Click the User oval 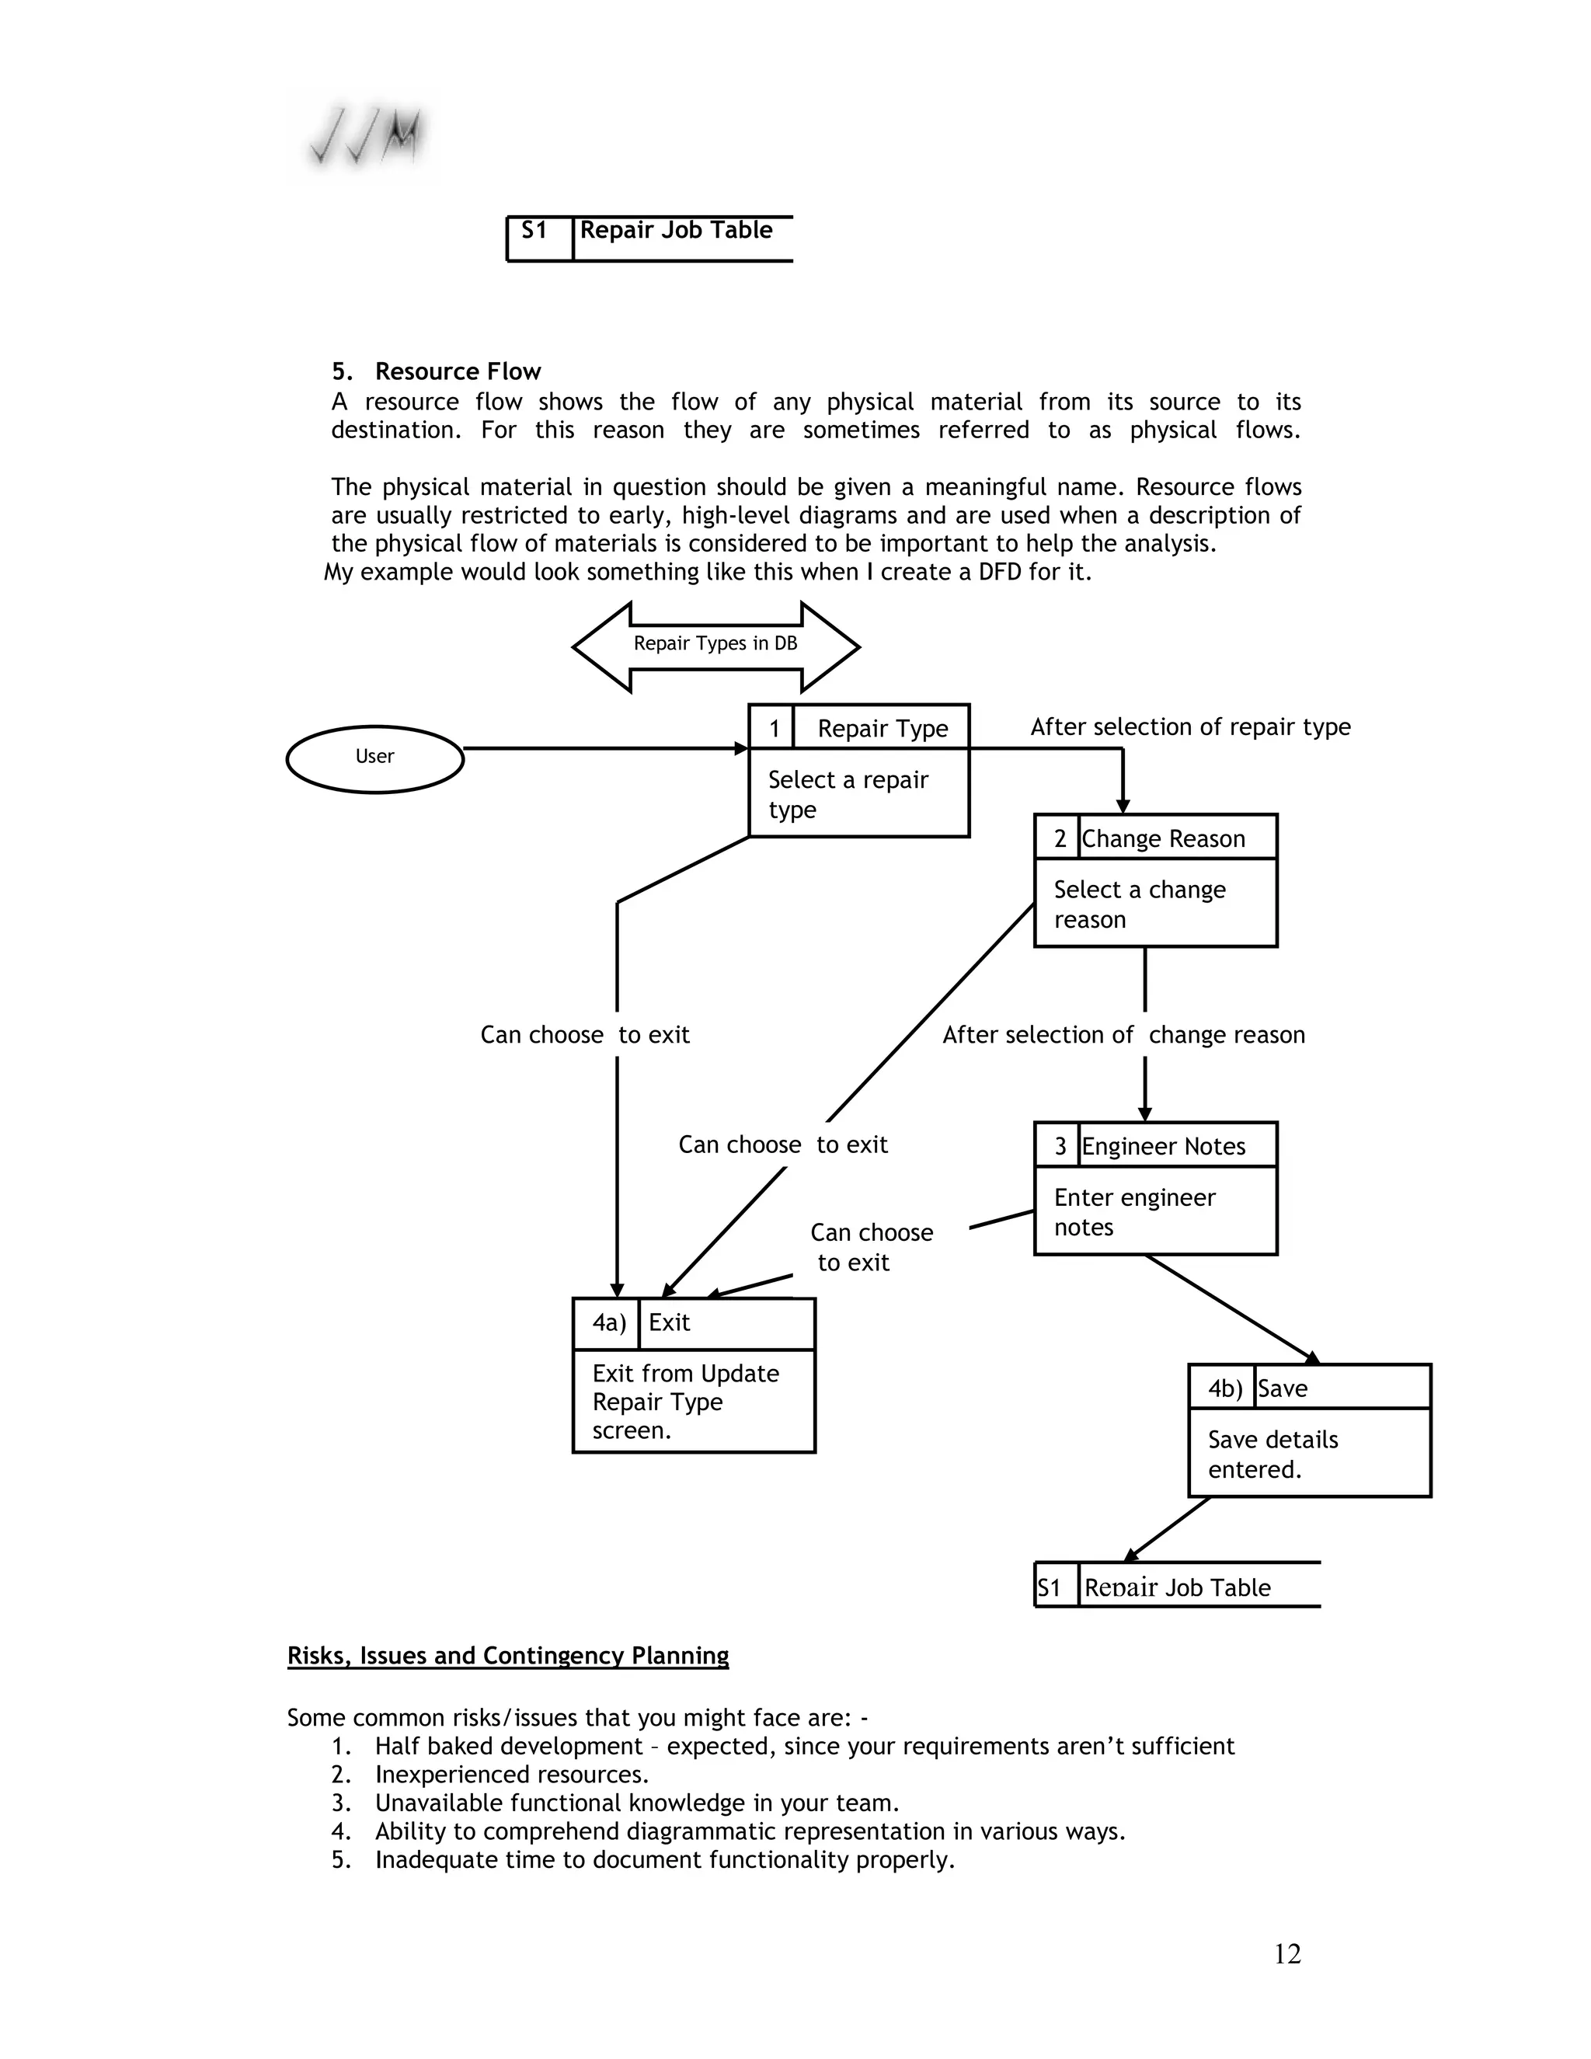(374, 759)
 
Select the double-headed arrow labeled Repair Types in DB (715, 646)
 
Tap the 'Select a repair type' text (848, 794)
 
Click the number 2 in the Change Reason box (1060, 838)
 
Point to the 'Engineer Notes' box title (1163, 1145)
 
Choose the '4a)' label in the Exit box (609, 1322)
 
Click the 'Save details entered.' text (1272, 1454)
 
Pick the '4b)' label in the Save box (1225, 1388)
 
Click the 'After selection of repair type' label (1189, 727)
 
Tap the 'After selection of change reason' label (1123, 1034)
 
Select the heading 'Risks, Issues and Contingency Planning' (508, 1656)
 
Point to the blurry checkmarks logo (366, 138)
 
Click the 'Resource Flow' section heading (458, 371)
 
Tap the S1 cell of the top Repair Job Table (534, 231)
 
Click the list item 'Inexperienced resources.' (512, 1775)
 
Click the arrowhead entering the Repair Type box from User (742, 748)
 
